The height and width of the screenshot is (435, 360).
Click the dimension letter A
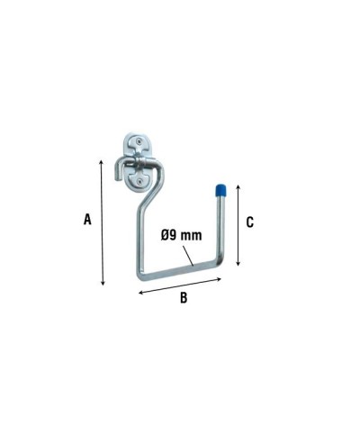pyautogui.click(x=87, y=219)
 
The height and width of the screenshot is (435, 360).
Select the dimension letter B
pyautogui.click(x=184, y=298)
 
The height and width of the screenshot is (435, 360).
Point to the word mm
pyautogui.click(x=192, y=235)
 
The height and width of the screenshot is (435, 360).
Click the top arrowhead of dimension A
pyautogui.click(x=101, y=159)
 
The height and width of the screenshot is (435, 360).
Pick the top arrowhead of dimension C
pyautogui.click(x=238, y=185)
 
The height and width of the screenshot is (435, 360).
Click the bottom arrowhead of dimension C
pyautogui.click(x=238, y=264)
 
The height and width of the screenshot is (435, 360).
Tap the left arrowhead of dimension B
pyautogui.click(x=139, y=293)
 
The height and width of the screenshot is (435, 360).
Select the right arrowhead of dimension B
pyautogui.click(x=219, y=278)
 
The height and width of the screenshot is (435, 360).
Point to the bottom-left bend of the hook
pyautogui.click(x=143, y=276)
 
